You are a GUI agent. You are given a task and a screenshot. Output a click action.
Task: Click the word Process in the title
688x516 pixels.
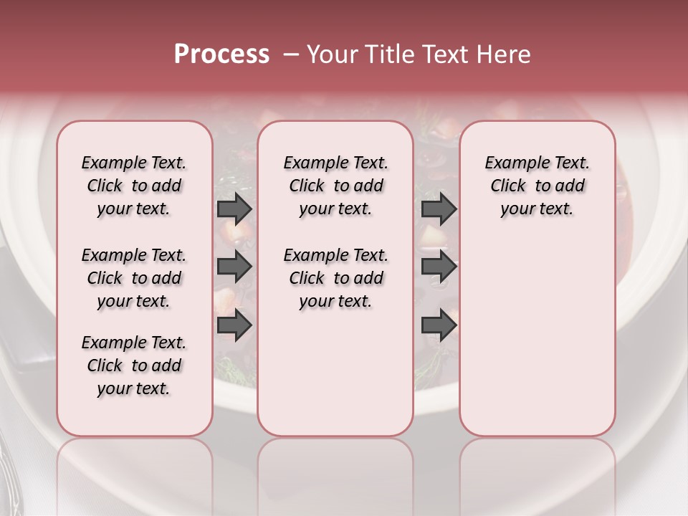point(221,54)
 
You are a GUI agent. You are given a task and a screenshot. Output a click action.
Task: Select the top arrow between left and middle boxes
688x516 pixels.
point(234,209)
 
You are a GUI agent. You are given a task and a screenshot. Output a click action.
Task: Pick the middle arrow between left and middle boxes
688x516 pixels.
point(234,267)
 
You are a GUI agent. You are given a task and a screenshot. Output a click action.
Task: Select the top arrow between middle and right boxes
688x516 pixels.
point(439,209)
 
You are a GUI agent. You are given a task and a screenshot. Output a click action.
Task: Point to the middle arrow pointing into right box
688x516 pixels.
point(439,267)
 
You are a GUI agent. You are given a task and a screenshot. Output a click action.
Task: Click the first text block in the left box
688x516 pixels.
point(134,186)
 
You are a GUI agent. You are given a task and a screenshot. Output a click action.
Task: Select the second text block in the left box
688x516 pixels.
point(134,278)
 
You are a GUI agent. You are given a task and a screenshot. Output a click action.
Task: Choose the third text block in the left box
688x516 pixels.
point(134,365)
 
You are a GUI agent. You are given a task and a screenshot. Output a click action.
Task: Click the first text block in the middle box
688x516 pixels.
point(335,186)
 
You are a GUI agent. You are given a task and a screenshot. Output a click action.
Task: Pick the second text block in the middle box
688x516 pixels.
point(335,278)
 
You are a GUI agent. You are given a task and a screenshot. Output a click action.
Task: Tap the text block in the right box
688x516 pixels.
point(537,186)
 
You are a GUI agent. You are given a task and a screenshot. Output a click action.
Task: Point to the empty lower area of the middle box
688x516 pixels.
point(335,373)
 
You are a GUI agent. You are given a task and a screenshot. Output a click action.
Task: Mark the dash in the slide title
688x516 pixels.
point(291,54)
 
